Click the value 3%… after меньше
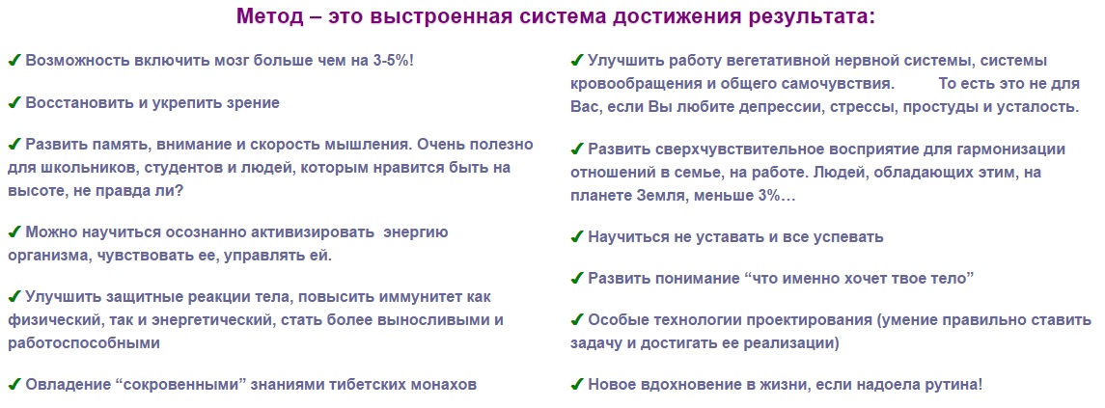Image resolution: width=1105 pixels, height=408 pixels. point(774,196)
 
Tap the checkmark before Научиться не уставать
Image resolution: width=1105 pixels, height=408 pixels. point(577,237)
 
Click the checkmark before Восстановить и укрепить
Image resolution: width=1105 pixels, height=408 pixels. point(14,102)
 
